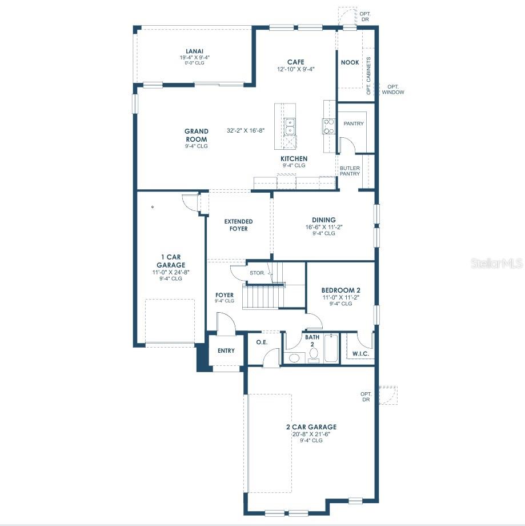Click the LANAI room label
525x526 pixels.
click(x=194, y=51)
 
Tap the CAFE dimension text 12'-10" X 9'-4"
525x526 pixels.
click(x=296, y=69)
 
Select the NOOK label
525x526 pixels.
click(x=350, y=62)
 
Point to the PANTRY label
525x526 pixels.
click(x=354, y=124)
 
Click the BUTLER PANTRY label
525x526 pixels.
click(x=350, y=171)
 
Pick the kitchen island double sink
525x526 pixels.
click(x=289, y=126)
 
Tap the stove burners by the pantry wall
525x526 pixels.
click(x=329, y=126)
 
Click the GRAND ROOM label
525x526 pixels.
click(x=197, y=135)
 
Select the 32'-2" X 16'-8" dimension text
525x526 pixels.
click(x=246, y=130)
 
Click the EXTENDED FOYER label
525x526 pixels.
click(x=238, y=225)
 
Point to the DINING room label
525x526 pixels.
click(x=323, y=220)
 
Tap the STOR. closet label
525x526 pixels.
click(x=257, y=273)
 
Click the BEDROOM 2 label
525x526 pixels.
click(x=340, y=290)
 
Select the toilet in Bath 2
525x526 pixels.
click(x=314, y=355)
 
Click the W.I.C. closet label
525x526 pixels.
click(x=360, y=354)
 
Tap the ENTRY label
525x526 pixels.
click(x=226, y=350)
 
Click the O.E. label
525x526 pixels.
click(x=262, y=342)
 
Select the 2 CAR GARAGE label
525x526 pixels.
click(x=311, y=427)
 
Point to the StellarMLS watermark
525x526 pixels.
click(x=496, y=264)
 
